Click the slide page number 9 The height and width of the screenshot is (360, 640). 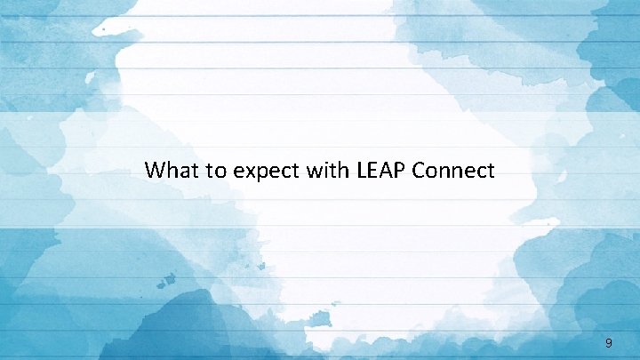pos(608,342)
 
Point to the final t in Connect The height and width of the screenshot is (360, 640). pos(491,170)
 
